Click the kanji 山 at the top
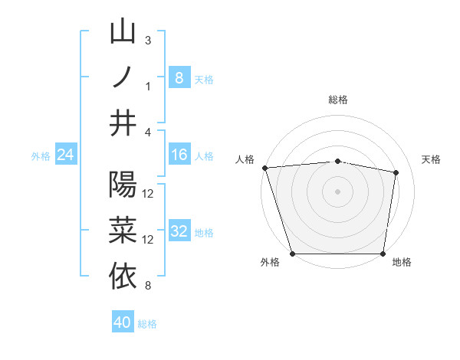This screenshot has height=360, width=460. (x=123, y=32)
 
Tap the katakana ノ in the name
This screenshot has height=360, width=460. (x=123, y=77)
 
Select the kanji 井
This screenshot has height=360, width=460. (x=123, y=123)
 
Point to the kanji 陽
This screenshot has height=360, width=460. (x=123, y=185)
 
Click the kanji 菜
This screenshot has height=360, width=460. (x=123, y=231)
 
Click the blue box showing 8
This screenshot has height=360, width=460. (x=179, y=77)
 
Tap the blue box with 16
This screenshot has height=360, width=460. (x=179, y=155)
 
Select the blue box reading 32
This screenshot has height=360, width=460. (x=179, y=231)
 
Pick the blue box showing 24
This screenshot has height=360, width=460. (x=65, y=155)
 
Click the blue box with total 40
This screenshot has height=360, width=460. (x=123, y=322)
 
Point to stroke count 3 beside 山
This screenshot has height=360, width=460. (x=148, y=40)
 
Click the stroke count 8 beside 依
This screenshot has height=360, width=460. (x=148, y=286)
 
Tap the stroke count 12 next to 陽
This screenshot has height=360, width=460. (x=149, y=193)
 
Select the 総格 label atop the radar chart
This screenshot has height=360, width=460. (x=338, y=100)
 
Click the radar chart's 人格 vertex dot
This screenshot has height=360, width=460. (x=264, y=168)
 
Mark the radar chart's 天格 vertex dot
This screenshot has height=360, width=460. (x=396, y=173)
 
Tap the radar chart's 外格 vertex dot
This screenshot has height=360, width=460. (x=292, y=254)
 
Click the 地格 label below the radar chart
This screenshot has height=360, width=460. (x=402, y=263)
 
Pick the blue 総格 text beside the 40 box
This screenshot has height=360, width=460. (x=147, y=324)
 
